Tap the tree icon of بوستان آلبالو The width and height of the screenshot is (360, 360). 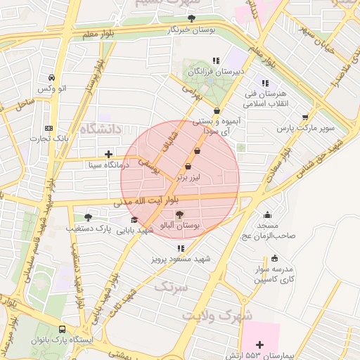[x=179, y=214]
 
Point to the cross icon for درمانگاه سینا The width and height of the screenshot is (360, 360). [x=108, y=154]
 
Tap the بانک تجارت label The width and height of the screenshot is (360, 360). [x=49, y=139]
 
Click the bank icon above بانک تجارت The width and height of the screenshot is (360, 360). [x=49, y=128]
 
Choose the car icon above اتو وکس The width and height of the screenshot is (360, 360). [x=51, y=77]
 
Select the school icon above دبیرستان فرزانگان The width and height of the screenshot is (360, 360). [x=216, y=60]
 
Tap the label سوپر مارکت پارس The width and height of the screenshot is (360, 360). [x=305, y=129]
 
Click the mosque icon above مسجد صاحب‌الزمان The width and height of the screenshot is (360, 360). [x=266, y=214]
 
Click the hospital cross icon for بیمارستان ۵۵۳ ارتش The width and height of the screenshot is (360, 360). [x=260, y=344]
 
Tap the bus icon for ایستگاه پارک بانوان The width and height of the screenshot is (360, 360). [x=63, y=329]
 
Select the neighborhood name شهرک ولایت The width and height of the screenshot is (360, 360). [x=217, y=316]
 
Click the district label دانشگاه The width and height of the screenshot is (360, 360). [x=101, y=129]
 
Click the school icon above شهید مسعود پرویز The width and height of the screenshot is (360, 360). [x=181, y=248]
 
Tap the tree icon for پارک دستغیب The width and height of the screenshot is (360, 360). [x=87, y=217]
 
